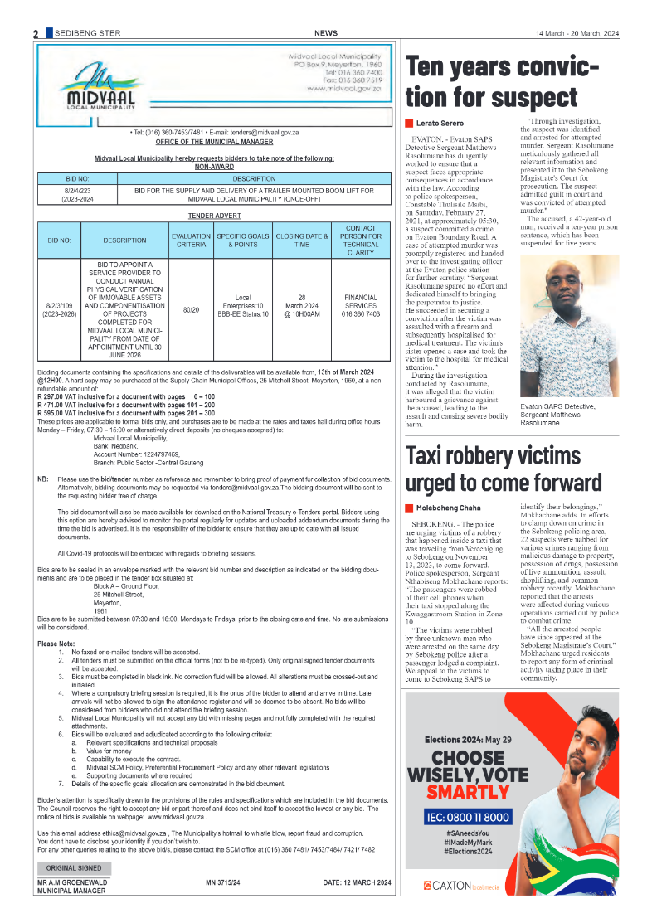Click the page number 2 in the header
[36, 33]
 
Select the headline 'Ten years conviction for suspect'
[501, 82]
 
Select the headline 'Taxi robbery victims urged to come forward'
[504, 469]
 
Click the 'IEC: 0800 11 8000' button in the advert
[470, 817]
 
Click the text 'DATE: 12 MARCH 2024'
[357, 882]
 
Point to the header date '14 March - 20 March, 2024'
[577, 33]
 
